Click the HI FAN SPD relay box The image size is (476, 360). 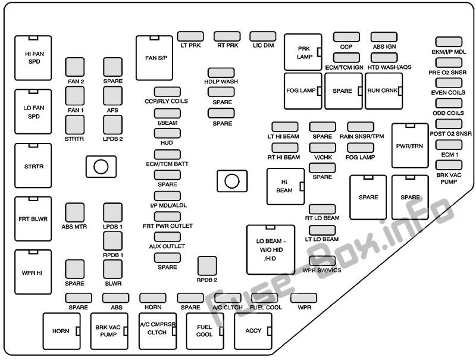tap(33, 58)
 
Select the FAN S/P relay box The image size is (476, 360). tap(154, 58)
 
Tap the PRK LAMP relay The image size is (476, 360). tap(303, 52)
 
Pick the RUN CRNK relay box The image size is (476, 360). tap(384, 91)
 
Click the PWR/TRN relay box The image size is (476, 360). tap(410, 146)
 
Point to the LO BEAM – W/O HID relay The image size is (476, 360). tap(271, 250)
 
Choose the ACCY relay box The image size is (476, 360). tap(253, 331)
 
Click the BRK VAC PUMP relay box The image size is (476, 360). tap(109, 331)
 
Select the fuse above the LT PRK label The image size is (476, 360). tap(190, 36)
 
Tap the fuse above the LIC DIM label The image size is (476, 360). tap(263, 36)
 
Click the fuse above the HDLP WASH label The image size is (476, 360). tap(221, 73)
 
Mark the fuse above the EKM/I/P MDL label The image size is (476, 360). tap(449, 42)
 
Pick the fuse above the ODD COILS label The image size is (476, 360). tap(449, 103)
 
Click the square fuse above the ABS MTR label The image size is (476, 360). tap(75, 212)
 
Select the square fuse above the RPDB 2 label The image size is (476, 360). tap(207, 266)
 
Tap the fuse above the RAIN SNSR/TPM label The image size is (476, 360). tap(361, 127)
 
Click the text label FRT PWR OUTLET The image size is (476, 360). tap(168, 226)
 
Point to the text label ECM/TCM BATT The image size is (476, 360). tap(167, 164)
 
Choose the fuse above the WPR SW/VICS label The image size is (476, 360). tap(322, 261)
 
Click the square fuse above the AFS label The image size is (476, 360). tap(112, 96)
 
